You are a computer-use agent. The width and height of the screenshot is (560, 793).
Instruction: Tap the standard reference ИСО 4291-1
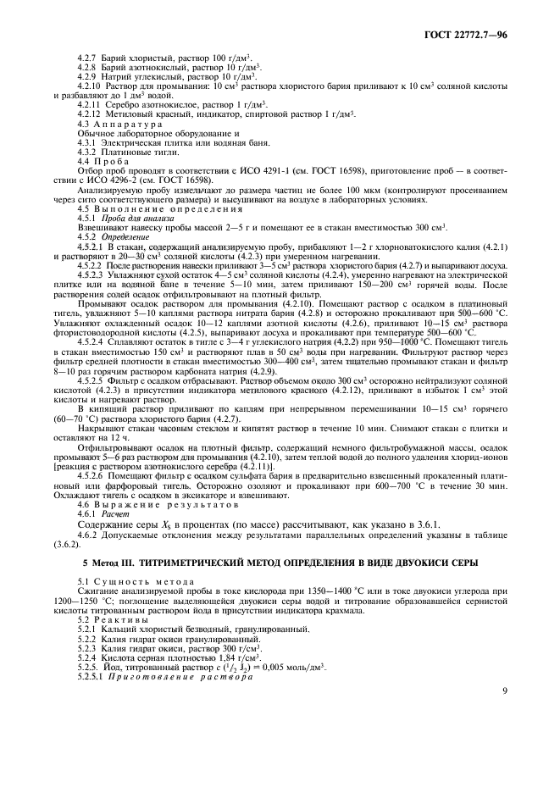(274, 172)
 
